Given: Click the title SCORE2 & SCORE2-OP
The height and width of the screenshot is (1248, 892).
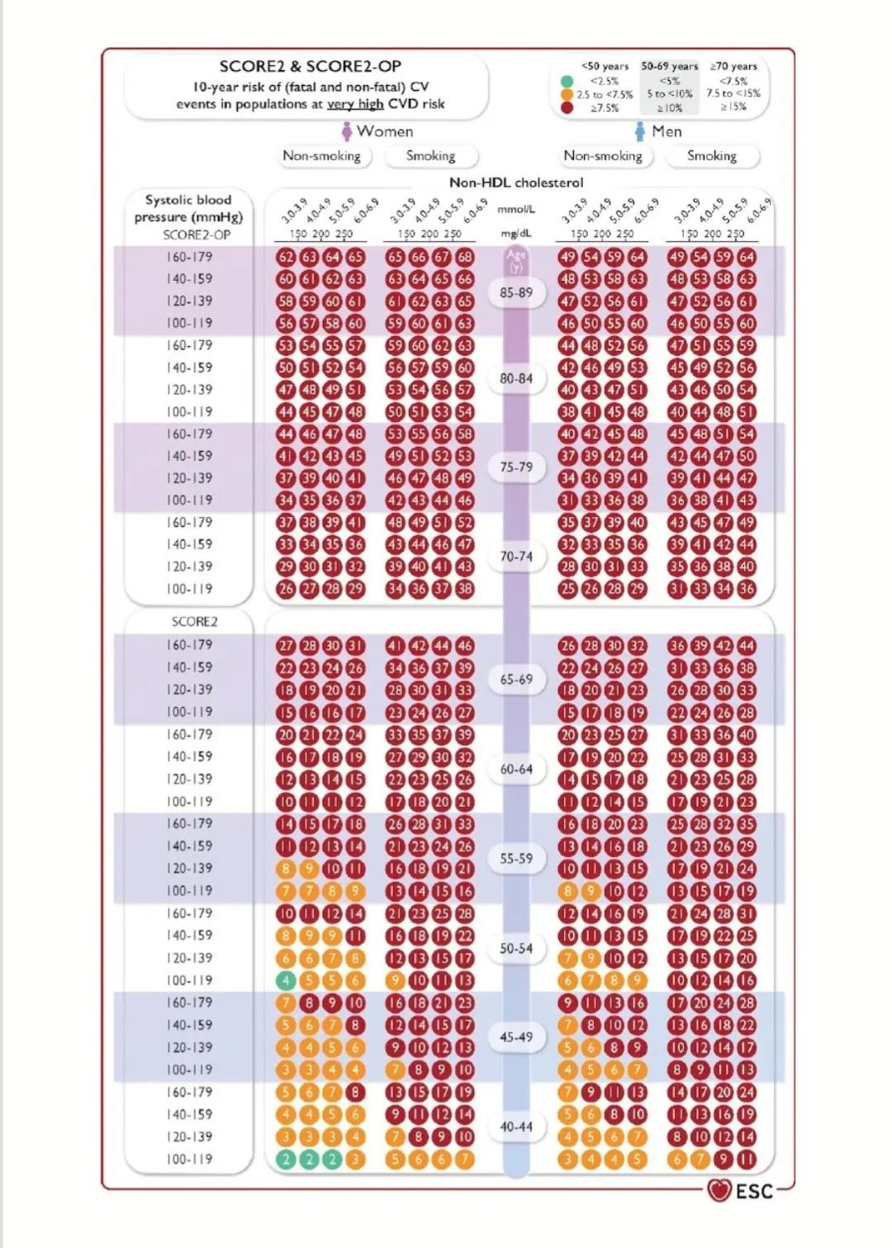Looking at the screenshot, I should (310, 66).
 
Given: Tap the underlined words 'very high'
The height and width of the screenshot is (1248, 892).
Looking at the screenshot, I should (355, 104).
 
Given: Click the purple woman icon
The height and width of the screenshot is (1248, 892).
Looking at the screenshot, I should (347, 131).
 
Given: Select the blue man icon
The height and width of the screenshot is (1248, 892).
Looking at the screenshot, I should (639, 131).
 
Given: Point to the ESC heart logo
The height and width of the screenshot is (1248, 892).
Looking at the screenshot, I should (719, 1190).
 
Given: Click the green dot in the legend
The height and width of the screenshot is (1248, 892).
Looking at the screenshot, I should (567, 81).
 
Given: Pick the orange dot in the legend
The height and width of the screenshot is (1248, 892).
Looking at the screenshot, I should (567, 94).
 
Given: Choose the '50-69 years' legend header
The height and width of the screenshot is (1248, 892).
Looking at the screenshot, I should (669, 66).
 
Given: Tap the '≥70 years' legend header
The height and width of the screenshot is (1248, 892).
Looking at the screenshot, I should (733, 66).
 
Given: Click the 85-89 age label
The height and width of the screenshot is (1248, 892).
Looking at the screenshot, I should (516, 292).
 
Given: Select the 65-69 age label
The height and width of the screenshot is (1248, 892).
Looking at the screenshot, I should (516, 680).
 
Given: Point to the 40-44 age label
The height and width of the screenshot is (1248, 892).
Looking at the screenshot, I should (516, 1127).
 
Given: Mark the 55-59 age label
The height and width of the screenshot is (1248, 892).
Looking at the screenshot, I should (516, 859).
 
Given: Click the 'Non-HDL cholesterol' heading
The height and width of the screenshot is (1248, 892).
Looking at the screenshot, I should (516, 183).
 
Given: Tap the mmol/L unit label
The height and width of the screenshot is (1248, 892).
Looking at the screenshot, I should (516, 210).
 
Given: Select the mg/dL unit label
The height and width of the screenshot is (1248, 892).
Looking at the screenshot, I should (516, 234).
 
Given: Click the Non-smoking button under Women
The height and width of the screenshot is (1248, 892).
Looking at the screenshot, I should (322, 155).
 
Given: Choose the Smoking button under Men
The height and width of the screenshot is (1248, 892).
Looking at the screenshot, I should (712, 155).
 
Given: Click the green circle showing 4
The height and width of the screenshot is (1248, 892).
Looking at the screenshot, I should (286, 980).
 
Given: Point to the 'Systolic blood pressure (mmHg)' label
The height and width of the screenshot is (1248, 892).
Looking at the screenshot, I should (188, 208).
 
